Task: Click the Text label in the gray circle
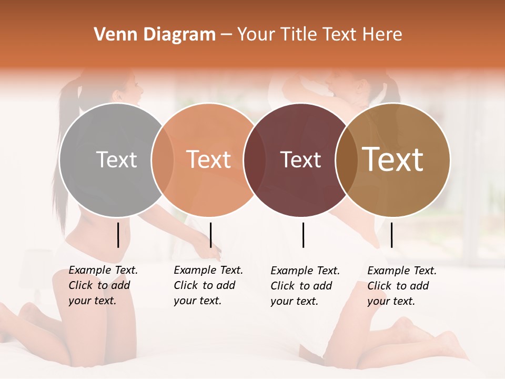click(x=116, y=159)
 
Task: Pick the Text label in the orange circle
click(x=209, y=159)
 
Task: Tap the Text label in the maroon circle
click(x=300, y=159)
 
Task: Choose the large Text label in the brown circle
click(x=393, y=159)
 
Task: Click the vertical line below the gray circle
click(x=118, y=235)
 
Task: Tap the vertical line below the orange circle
click(x=210, y=235)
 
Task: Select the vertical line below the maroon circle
click(x=303, y=235)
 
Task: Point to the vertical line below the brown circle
click(x=391, y=235)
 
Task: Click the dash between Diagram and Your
click(x=226, y=35)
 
